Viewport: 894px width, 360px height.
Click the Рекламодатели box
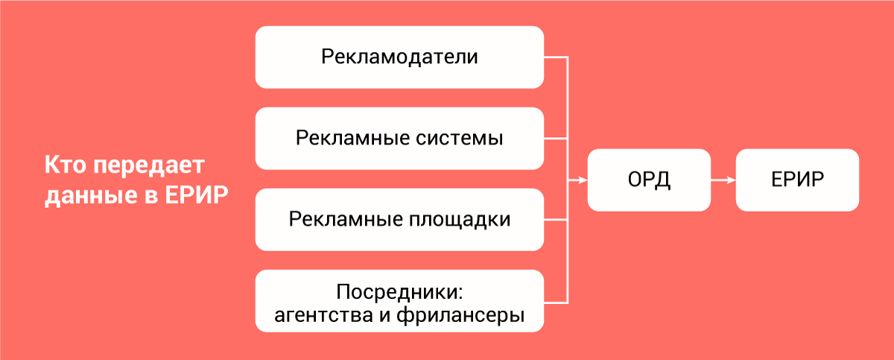[399, 57]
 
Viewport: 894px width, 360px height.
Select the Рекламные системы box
[399, 139]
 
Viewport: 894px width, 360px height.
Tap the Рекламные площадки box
[399, 220]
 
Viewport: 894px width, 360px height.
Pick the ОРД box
[649, 180]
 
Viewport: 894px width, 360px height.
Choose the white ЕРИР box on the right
[797, 180]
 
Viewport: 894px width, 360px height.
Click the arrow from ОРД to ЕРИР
[723, 180]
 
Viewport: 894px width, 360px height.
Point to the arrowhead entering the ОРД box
[583, 180]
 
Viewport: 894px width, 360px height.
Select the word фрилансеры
[460, 315]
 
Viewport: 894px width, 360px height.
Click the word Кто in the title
[66, 165]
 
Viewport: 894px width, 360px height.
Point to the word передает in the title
[149, 165]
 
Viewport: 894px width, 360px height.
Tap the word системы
[460, 139]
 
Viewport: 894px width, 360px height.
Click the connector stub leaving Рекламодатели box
[556, 57]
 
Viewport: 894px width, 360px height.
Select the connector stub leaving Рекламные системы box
[556, 139]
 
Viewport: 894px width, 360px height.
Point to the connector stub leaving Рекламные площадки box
[556, 220]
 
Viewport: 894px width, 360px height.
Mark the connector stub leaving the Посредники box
[556, 303]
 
